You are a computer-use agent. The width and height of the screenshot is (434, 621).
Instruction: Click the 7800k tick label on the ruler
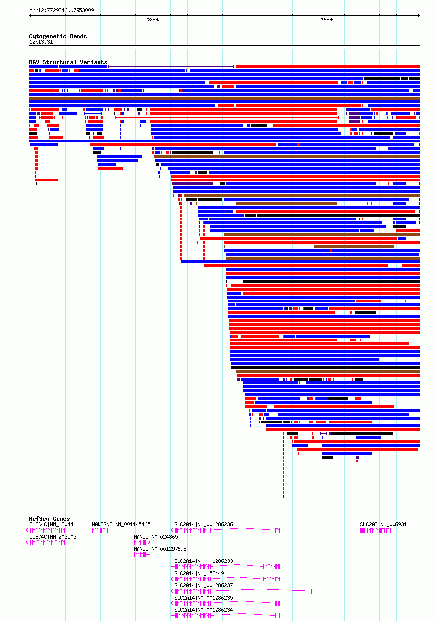152,20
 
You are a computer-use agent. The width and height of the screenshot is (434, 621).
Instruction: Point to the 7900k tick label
326,20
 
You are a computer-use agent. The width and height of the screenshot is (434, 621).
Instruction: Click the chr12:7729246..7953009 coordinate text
61,11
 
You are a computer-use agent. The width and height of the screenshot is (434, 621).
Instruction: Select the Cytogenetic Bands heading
58,36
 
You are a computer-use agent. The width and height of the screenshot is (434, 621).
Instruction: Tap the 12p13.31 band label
41,42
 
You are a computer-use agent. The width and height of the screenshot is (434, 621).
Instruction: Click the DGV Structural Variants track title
68,62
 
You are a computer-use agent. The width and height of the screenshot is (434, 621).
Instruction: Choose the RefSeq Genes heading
49,519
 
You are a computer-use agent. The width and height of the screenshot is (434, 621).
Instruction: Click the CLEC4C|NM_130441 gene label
53,524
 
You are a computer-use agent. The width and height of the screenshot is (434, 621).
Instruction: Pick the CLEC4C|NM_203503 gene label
53,537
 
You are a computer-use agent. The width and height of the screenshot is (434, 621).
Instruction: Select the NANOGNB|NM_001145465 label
121,524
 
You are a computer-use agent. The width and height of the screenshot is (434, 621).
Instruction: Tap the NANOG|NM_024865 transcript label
156,537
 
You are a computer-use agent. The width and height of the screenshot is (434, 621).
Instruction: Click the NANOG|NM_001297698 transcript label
160,549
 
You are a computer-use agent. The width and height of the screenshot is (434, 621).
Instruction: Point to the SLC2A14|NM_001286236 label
203,524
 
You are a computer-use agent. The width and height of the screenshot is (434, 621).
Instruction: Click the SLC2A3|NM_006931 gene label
383,524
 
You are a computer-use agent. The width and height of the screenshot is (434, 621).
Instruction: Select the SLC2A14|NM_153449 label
199,573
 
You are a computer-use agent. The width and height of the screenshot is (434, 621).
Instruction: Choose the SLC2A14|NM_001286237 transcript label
203,585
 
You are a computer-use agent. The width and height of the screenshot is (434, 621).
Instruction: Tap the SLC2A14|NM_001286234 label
203,610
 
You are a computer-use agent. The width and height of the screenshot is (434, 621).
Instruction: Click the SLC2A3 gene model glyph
375,530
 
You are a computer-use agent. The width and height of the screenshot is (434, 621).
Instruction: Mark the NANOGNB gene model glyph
102,530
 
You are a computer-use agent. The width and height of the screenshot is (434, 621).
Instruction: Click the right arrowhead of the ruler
419,16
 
